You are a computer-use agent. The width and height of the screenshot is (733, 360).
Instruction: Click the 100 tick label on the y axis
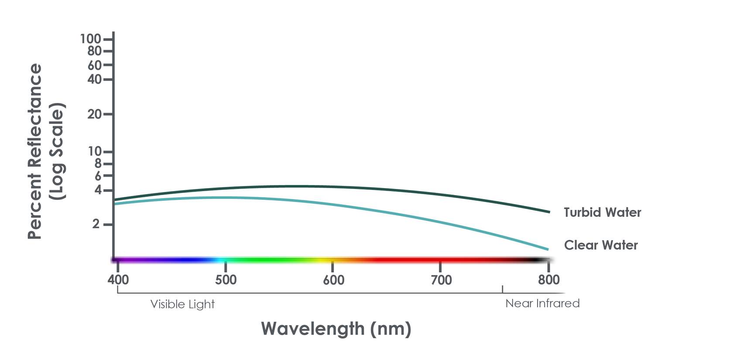(x=90, y=39)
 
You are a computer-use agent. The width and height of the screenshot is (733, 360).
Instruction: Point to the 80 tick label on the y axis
(x=94, y=51)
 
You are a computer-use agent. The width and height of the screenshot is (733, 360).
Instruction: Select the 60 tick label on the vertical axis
(x=94, y=65)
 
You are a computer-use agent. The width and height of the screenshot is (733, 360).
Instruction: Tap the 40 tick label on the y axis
(x=94, y=79)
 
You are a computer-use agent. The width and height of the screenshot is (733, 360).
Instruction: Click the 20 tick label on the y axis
(x=94, y=114)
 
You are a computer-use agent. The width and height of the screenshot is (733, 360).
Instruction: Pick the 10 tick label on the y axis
(x=95, y=151)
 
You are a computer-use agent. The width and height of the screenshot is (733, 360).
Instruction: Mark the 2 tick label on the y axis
(x=96, y=224)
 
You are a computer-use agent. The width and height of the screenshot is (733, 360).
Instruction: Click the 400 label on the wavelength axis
(x=118, y=279)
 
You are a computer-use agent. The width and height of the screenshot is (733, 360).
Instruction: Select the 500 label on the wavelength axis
(x=226, y=279)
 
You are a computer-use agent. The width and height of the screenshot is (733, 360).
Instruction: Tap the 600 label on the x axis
(x=333, y=280)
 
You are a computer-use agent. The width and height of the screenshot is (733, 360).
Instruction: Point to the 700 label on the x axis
(x=441, y=280)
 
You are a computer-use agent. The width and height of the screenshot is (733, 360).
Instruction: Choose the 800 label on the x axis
(x=548, y=279)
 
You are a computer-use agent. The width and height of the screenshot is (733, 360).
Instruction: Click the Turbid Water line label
(x=602, y=213)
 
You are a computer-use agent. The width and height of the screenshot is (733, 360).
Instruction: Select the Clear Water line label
(x=601, y=245)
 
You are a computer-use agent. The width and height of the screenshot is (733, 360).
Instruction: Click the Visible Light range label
(x=182, y=304)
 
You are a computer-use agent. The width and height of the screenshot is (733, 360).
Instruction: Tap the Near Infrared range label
(x=542, y=303)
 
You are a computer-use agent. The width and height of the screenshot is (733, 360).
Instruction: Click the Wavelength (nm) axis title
(x=336, y=329)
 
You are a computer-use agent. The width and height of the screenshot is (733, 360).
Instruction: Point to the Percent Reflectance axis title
(x=35, y=151)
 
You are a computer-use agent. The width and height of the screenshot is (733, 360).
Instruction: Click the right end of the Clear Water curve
(x=548, y=249)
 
